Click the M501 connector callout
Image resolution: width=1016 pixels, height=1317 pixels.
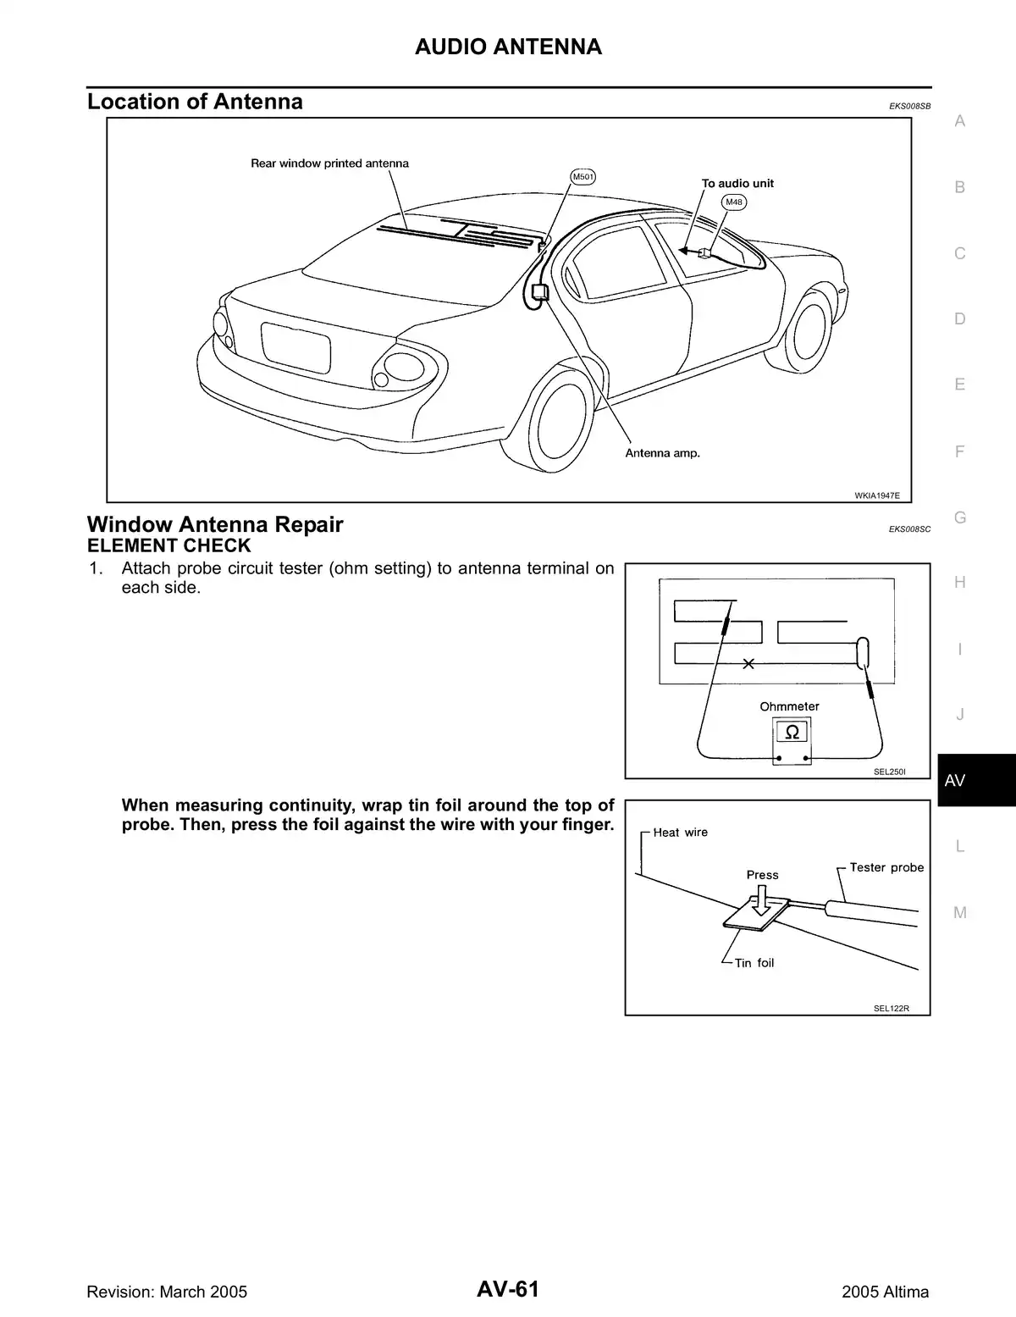tap(583, 177)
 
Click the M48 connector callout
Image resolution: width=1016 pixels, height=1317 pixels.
tap(734, 202)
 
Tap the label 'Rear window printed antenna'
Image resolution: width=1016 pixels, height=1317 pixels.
tap(329, 163)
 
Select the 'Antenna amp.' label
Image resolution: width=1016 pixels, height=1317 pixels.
tap(662, 453)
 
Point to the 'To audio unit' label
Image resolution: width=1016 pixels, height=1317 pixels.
tap(737, 183)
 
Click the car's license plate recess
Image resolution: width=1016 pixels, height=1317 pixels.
tap(295, 347)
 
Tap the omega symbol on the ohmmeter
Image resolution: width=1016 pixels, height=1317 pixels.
tap(792, 732)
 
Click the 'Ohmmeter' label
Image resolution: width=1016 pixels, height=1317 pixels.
tap(789, 706)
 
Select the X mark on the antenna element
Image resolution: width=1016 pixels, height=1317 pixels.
tap(748, 664)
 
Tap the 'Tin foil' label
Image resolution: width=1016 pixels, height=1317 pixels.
tap(754, 963)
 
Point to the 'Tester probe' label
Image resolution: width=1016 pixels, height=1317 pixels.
tap(886, 867)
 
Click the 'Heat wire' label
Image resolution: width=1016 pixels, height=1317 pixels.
tap(680, 833)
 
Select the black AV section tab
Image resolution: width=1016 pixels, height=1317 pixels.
tap(975, 780)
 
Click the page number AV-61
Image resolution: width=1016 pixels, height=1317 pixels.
tap(508, 1290)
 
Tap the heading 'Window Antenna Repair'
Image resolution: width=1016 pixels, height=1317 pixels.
tap(215, 524)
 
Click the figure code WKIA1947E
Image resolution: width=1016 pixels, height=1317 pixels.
tap(876, 495)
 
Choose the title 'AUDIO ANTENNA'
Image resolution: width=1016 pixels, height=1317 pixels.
tap(508, 47)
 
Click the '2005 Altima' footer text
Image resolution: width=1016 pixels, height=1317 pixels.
tap(885, 1292)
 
